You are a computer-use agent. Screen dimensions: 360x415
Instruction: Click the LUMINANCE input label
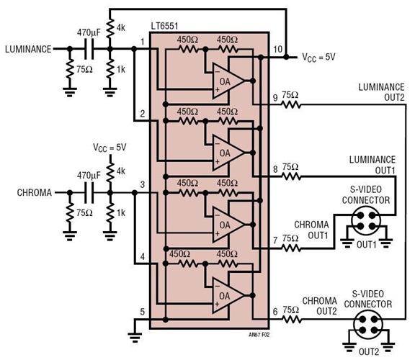[28, 49]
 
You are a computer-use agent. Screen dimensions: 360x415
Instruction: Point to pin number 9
[274, 99]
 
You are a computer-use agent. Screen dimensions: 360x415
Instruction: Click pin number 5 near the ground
[143, 312]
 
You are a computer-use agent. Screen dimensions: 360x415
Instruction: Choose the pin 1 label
[143, 42]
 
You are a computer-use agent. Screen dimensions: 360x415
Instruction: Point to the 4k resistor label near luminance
[121, 28]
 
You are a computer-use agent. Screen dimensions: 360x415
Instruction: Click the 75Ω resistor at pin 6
[291, 311]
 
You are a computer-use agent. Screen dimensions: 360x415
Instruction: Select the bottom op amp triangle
[226, 294]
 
